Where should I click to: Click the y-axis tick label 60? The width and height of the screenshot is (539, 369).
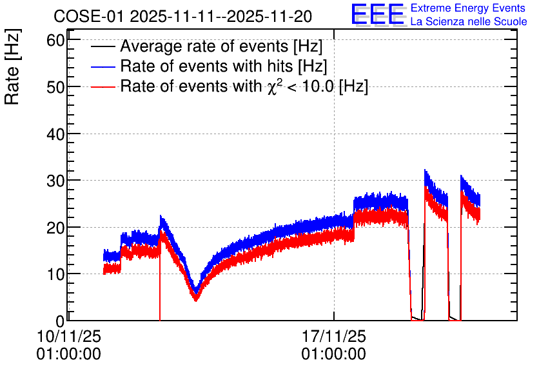pos(55,41)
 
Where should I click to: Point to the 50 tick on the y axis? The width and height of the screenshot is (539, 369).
pos(55,87)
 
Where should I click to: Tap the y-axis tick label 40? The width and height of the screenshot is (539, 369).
pos(55,134)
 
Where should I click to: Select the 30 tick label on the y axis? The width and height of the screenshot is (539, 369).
pos(55,181)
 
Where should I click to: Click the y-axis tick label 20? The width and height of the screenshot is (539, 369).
pos(55,228)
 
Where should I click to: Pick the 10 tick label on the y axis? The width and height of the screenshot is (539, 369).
pos(55,274)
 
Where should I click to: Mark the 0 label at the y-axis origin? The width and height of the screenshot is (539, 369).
pos(60,321)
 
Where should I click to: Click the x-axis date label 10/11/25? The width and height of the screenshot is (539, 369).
pos(69,336)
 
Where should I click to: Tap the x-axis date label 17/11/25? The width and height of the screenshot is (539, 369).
pos(334,336)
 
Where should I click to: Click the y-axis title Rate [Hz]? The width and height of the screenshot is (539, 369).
pos(12,66)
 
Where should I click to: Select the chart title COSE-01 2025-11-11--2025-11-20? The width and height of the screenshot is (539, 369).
pos(182,16)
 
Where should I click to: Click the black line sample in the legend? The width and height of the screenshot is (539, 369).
pos(103,46)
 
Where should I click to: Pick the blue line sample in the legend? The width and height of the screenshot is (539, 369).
pos(103,66)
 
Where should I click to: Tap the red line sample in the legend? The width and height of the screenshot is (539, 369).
pos(103,86)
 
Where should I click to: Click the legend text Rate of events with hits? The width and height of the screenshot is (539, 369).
pos(206,66)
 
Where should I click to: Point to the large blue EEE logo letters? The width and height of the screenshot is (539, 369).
pos(378,14)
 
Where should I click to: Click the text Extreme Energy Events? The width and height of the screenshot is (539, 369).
pos(468,8)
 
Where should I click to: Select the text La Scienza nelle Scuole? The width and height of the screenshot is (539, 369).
pos(469,21)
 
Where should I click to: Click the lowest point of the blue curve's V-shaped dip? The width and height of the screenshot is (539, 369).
pos(195,292)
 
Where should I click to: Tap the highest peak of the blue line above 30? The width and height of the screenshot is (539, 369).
pos(426,170)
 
